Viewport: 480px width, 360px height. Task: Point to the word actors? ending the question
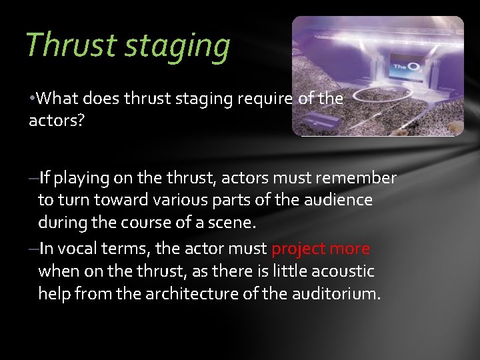pyautogui.click(x=52, y=121)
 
